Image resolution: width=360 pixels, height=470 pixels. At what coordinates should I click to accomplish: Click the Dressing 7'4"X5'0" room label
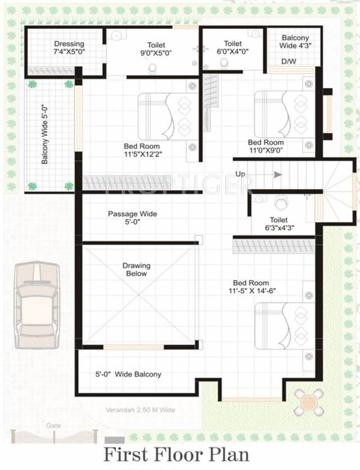69,48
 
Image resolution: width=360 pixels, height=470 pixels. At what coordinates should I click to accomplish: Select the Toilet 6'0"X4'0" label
233,48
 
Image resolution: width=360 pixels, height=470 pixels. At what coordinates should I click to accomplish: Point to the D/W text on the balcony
288,62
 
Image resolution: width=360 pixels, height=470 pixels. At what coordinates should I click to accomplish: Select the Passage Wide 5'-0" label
132,218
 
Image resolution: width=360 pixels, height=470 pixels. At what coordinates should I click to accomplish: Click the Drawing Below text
136,270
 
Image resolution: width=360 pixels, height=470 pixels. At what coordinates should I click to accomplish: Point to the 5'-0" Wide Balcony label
129,374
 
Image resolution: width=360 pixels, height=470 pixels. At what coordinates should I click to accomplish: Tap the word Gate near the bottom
53,425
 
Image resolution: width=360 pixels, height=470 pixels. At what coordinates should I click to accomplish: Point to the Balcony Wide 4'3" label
295,42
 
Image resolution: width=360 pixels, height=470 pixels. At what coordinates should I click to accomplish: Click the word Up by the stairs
241,174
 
